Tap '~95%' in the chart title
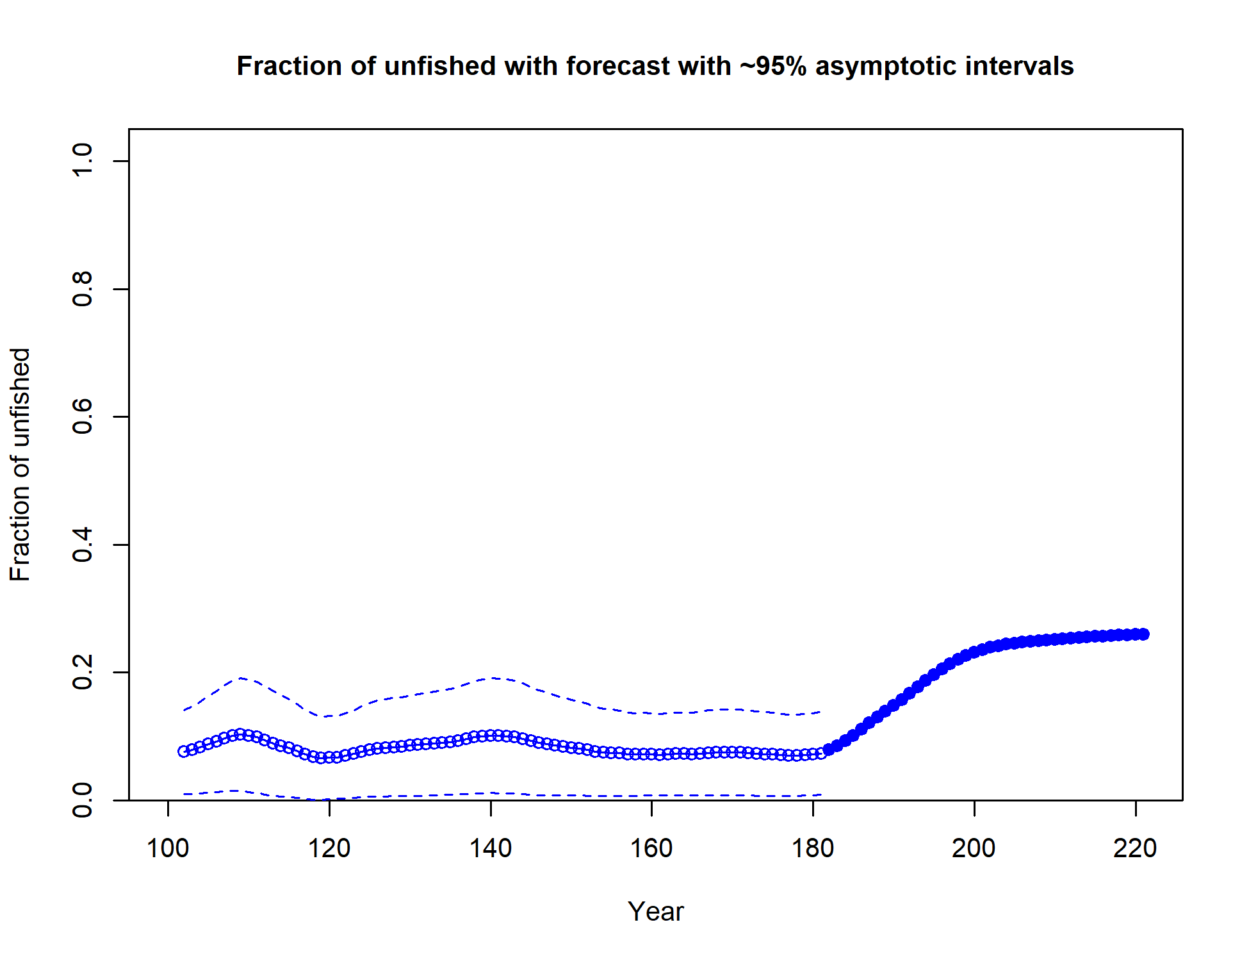pyautogui.click(x=773, y=67)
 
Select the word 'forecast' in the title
pyautogui.click(x=613, y=67)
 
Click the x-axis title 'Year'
pyautogui.click(x=655, y=912)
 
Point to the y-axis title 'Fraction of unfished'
pyautogui.click(x=20, y=464)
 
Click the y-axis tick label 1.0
pyautogui.click(x=83, y=160)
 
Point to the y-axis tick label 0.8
pyautogui.click(x=83, y=289)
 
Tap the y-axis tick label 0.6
pyautogui.click(x=83, y=416)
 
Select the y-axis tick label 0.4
pyautogui.click(x=83, y=545)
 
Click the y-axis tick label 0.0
pyautogui.click(x=83, y=800)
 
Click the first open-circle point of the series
pyautogui.click(x=184, y=752)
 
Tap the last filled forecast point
pyautogui.click(x=1143, y=634)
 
